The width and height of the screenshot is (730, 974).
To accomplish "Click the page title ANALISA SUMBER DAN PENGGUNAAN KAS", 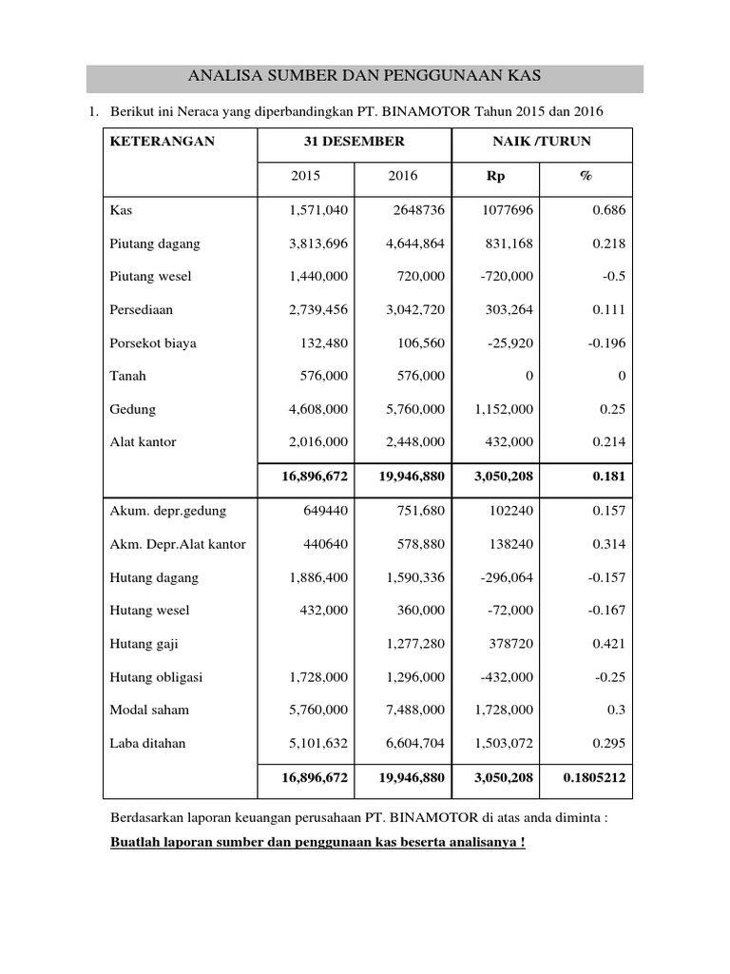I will click(x=365, y=76).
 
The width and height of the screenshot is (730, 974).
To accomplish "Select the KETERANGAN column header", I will click(x=163, y=142).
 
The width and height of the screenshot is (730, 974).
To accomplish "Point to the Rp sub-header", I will click(x=496, y=177).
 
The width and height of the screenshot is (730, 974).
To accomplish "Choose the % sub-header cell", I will click(x=586, y=177).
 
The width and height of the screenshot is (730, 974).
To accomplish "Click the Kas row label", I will click(x=121, y=210).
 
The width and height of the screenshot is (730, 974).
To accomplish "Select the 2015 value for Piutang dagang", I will click(x=318, y=243).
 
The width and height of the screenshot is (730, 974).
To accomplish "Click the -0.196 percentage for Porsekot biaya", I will click(x=605, y=343).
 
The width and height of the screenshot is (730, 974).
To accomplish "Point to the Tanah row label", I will click(x=128, y=376).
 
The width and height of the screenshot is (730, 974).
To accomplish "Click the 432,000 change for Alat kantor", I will click(x=513, y=442).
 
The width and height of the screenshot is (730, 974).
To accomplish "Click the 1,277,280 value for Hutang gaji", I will click(x=415, y=644).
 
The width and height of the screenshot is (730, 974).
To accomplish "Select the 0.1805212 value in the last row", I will click(x=594, y=777).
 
